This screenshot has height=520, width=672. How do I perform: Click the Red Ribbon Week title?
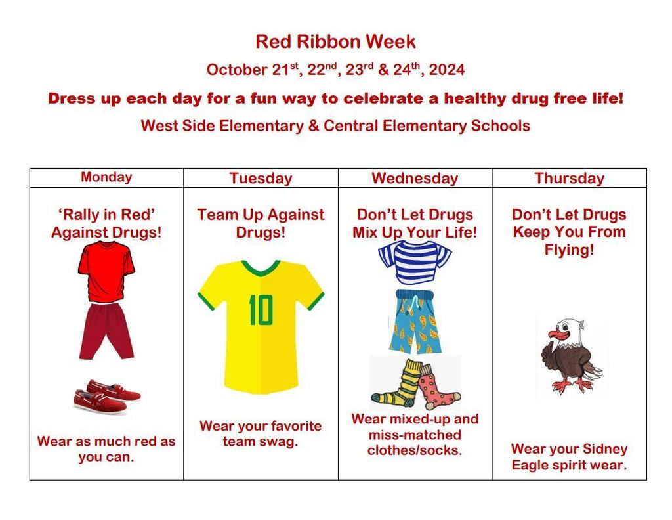click(335, 42)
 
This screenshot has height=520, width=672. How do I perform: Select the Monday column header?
click(106, 177)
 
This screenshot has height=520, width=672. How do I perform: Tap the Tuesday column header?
click(261, 178)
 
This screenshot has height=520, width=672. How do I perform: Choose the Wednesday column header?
click(415, 178)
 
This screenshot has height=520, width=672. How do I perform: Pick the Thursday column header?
click(569, 178)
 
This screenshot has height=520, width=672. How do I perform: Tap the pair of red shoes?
click(107, 396)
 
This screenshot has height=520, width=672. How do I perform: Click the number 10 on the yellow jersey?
click(261, 309)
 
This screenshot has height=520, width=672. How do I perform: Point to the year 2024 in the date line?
click(447, 70)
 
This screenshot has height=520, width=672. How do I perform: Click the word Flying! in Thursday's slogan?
click(569, 249)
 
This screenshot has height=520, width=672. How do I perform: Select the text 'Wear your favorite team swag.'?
click(261, 433)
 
